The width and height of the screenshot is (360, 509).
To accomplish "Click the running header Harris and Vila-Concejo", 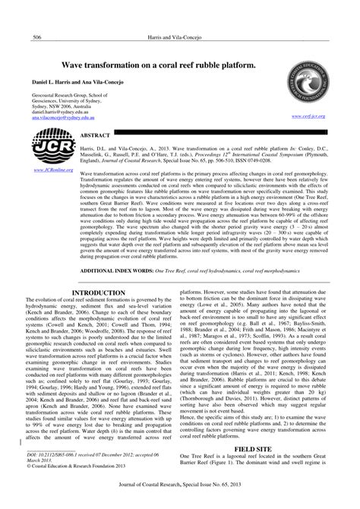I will [179, 37].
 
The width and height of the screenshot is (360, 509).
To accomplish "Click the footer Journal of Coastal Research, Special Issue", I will [179, 502].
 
